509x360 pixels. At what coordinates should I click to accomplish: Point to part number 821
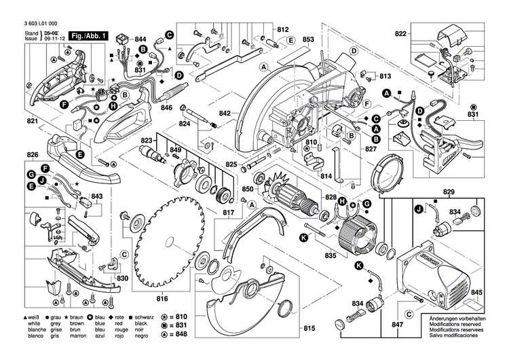coord(32,121)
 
